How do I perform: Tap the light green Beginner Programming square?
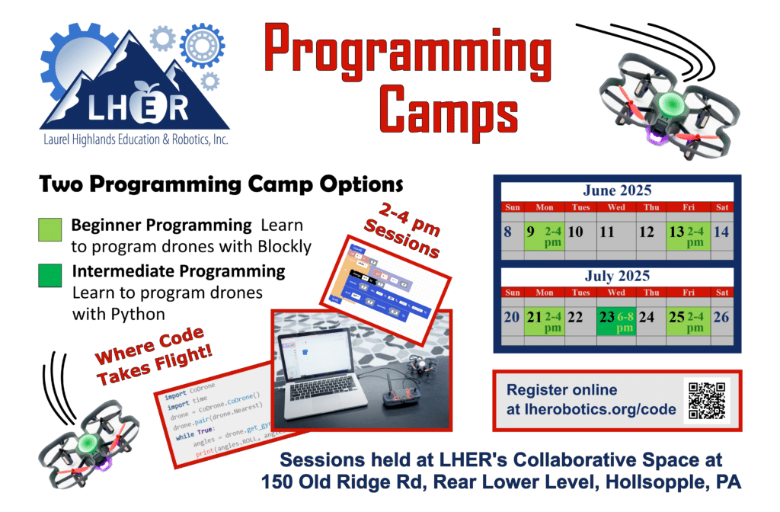pos(49,230)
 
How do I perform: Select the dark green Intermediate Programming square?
pos(49,275)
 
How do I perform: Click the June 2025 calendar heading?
pos(617,190)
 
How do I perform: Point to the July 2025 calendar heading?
pos(617,277)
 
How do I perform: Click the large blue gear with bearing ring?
pos(202,46)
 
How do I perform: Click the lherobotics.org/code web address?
pos(591,409)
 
